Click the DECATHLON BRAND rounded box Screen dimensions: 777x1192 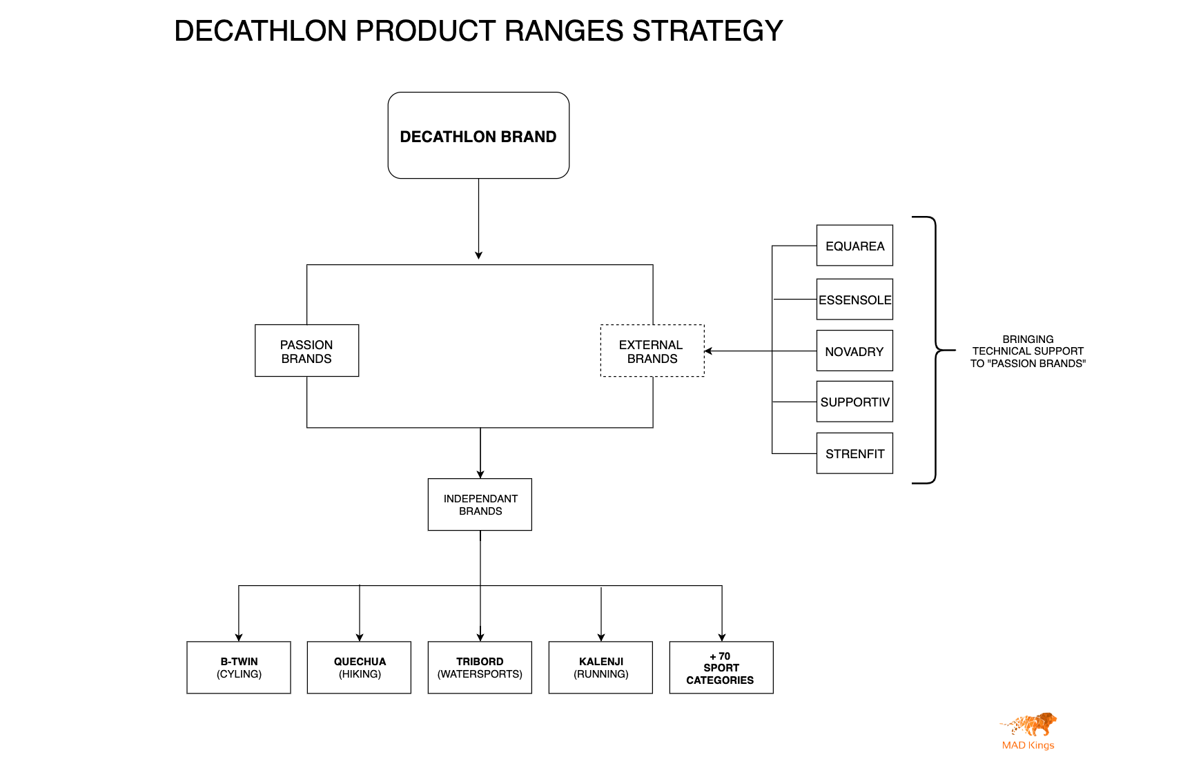[478, 136]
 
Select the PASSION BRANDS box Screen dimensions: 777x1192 [306, 351]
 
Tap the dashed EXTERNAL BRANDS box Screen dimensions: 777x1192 [652, 351]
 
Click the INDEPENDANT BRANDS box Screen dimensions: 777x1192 [480, 504]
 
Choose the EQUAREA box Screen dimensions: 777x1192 [854, 246]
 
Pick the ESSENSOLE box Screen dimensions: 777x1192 [854, 299]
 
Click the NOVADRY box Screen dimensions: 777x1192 [854, 351]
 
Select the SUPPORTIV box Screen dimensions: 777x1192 [854, 402]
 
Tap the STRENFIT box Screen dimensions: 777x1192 [854, 453]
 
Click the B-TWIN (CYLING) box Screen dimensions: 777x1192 [239, 667]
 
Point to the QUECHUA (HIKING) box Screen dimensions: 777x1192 [359, 667]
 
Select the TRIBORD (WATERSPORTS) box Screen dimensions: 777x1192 [480, 667]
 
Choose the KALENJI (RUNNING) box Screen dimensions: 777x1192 [600, 667]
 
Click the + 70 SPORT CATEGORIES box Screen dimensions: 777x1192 [721, 667]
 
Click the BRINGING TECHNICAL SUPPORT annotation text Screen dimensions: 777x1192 [1027, 351]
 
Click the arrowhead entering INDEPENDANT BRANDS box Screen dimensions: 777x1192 [480, 474]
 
